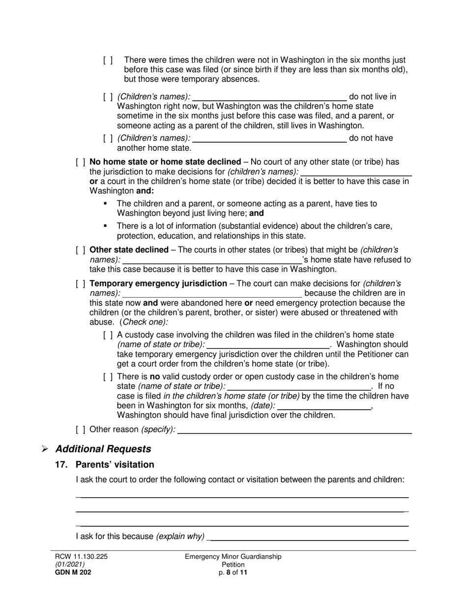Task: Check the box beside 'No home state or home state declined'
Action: [81, 162]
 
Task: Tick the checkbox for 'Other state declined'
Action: [81, 250]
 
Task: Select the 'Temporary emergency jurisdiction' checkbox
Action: [81, 284]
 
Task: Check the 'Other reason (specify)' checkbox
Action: [81, 429]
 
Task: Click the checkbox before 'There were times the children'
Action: [108, 60]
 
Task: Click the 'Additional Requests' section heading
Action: [103, 449]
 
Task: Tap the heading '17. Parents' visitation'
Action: [105, 465]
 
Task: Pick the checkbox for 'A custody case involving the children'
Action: [108, 335]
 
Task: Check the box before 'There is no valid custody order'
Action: [108, 377]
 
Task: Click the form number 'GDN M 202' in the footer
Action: [73, 572]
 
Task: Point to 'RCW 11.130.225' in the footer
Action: [81, 556]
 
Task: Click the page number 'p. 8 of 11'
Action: [233, 572]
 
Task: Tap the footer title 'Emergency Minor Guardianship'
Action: [233, 556]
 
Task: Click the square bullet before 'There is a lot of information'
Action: [105, 226]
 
